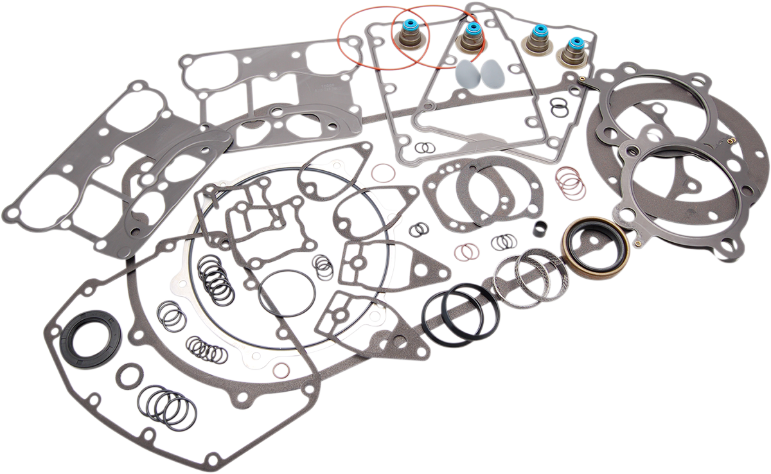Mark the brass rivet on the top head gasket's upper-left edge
[582, 80]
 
